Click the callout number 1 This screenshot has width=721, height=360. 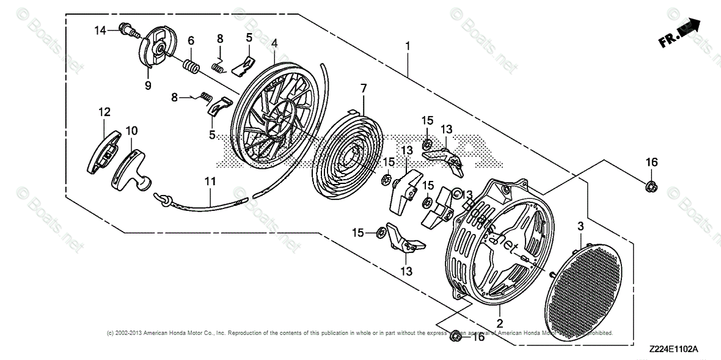408,45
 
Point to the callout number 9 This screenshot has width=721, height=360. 147,86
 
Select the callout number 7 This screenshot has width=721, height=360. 364,89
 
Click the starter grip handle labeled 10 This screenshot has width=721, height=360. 131,167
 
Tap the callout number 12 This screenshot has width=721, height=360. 104,111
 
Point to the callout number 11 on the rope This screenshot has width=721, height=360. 210,182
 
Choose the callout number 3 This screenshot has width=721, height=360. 580,227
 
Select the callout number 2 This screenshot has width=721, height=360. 499,323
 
